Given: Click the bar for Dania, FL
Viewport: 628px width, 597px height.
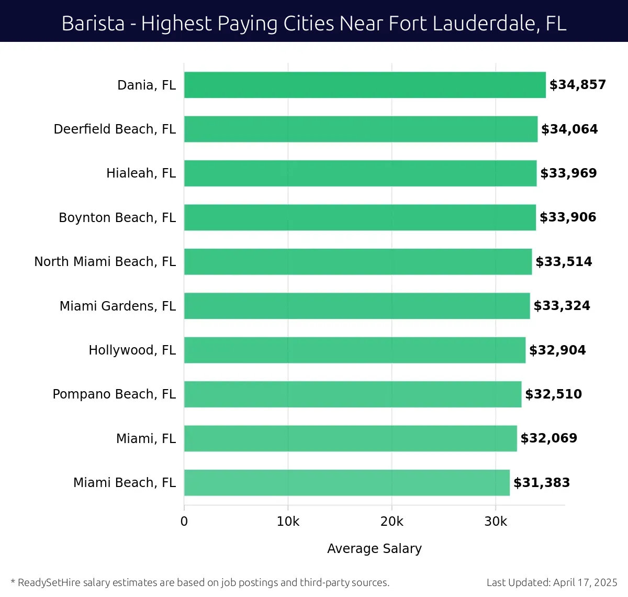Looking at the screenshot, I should (x=365, y=85).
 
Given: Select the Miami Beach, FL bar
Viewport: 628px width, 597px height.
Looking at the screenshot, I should (x=346, y=482).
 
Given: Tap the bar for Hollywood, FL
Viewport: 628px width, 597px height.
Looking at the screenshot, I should (x=354, y=350).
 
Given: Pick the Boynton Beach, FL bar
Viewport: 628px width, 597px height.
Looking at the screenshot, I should (x=360, y=217).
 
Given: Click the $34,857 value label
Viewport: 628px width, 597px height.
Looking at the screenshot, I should (x=577, y=85).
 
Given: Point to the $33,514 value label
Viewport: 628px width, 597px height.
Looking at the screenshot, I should (x=564, y=261).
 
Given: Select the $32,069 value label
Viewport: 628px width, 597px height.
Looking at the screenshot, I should (x=548, y=438).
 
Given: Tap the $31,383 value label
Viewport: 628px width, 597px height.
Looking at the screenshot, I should (x=542, y=482).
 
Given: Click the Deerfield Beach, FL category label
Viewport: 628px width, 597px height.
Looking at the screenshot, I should (x=115, y=129).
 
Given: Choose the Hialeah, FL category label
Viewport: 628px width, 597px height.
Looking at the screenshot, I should (x=141, y=173).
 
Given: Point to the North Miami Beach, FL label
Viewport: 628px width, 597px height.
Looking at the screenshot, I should (x=105, y=261).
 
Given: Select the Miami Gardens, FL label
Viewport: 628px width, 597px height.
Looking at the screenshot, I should (x=117, y=306).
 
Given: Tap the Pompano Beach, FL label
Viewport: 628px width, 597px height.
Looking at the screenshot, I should (x=114, y=394).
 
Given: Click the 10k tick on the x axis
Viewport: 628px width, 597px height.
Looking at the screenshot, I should (x=288, y=522).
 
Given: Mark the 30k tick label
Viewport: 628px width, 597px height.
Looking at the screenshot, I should (x=496, y=522).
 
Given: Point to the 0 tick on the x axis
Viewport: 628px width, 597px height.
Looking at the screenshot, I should (x=184, y=522).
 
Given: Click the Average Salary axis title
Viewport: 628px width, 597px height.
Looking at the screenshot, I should (x=374, y=548).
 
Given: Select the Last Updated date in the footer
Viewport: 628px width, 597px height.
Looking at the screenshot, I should (x=585, y=582).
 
